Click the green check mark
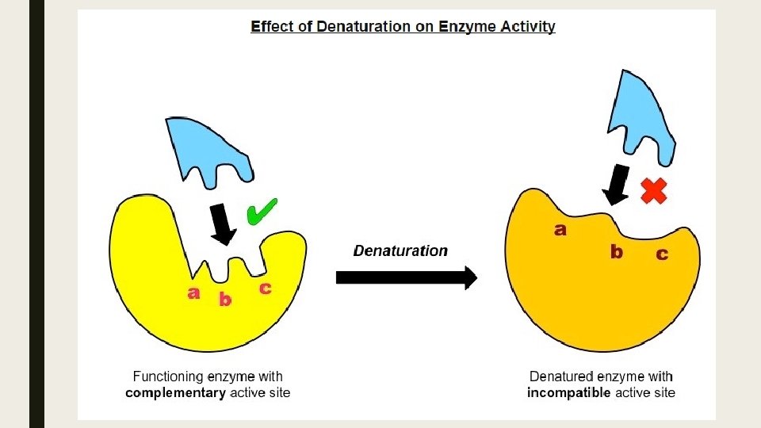click(261, 212)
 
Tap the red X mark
click(653, 190)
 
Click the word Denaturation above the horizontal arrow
click(400, 251)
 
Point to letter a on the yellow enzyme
click(193, 293)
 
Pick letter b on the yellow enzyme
click(225, 300)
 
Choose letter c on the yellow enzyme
click(266, 289)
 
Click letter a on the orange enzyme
click(560, 231)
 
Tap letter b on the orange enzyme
click(617, 252)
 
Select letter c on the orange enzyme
click(661, 254)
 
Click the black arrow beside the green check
click(223, 224)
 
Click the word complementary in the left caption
click(175, 392)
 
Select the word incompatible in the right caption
click(569, 392)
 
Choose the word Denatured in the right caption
click(559, 376)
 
